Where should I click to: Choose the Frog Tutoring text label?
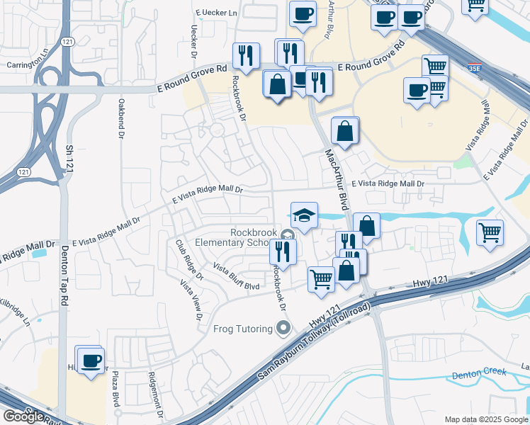[x=243, y=329]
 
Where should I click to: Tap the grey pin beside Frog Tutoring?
[x=283, y=328]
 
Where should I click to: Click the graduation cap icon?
[x=304, y=215]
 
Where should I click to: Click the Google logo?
[x=23, y=416]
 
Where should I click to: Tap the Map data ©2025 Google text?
[x=485, y=419]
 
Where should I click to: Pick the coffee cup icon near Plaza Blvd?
[x=91, y=361]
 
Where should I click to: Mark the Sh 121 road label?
[x=69, y=160]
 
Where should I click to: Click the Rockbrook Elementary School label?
[x=254, y=238]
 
